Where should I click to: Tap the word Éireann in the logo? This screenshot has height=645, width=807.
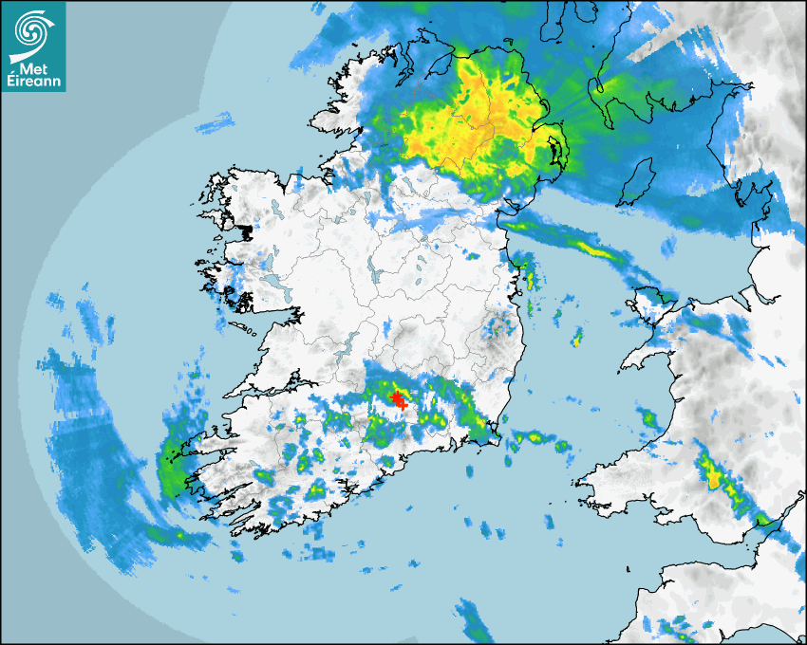coord(33,82)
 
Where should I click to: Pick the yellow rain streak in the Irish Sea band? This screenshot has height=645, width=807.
coord(596,250)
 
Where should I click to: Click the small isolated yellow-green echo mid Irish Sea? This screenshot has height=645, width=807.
coord(576,338)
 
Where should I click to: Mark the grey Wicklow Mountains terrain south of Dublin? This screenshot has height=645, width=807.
coord(494,327)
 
